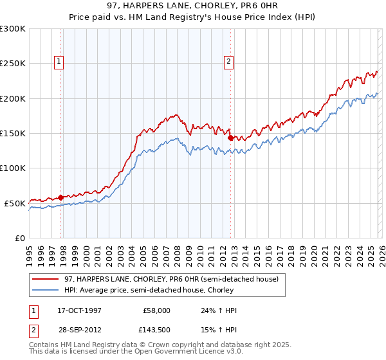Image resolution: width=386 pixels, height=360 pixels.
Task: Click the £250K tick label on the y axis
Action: click(x=13, y=64)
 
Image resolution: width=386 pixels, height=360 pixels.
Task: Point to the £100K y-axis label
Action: click(x=13, y=168)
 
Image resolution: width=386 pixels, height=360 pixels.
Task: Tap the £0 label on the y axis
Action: click(x=21, y=238)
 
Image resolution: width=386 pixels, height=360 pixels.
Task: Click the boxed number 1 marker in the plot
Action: click(x=59, y=62)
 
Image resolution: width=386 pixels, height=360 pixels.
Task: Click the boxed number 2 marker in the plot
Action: click(x=228, y=62)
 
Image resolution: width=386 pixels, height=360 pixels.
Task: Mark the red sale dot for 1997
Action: click(x=61, y=197)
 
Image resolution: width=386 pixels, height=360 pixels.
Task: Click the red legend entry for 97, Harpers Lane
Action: click(x=171, y=280)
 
